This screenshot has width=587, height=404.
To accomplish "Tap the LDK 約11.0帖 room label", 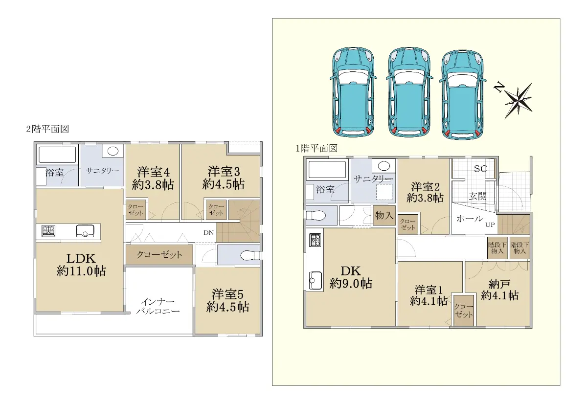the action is coord(81,265).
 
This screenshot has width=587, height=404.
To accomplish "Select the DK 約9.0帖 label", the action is coord(351,277).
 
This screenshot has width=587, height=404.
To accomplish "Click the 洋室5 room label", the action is coord(227,294).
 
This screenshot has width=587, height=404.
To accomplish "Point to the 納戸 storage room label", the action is coord(499,284).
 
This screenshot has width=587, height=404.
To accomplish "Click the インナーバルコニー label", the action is coord(158,306).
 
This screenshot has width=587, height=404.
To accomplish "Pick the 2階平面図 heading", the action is coord(47,129).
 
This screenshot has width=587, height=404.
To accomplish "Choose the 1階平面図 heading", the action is coord(316,149).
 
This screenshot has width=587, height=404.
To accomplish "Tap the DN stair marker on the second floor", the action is coord(208,232).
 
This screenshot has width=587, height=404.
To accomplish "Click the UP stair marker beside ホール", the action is coord(490,224).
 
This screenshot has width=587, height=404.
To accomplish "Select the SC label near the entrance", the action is coord(480,168).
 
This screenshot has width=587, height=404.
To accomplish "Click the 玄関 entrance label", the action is coord(478,196).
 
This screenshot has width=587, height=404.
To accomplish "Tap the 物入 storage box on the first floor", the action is coord(384,215).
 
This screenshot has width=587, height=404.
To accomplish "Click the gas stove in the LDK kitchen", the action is coord(48,231).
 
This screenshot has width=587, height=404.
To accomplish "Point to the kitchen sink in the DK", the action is coord(316,280).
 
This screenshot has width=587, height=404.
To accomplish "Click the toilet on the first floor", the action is coord(316,216).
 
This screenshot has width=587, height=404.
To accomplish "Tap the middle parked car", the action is coord(409,93).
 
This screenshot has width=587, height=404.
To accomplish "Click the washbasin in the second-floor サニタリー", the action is coord(113,151).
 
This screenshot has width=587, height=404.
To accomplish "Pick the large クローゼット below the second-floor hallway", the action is coord(159,254).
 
